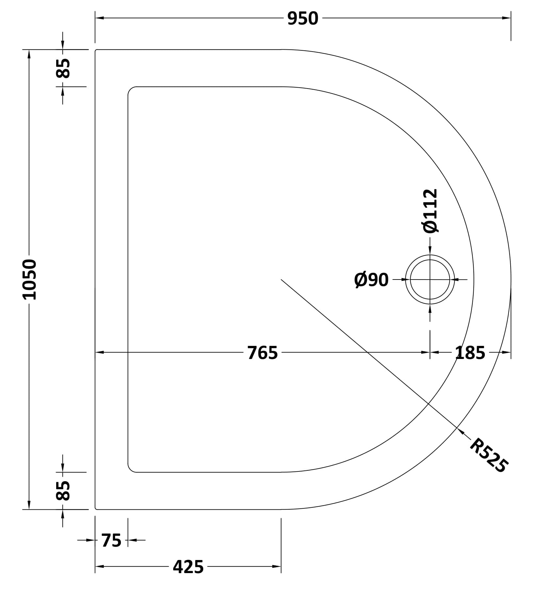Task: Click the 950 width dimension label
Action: [303, 18]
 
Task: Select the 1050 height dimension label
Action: [29, 279]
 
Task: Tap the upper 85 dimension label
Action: [63, 68]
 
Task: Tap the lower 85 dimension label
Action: [63, 490]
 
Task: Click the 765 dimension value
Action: [262, 353]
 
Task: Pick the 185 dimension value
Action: [470, 353]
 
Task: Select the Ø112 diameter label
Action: [430, 211]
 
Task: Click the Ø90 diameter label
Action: [371, 280]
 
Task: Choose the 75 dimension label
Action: [111, 540]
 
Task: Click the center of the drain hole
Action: [430, 280]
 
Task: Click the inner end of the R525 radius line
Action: [281, 280]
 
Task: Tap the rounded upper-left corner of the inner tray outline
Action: [130, 90]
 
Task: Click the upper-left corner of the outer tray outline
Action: [96, 50]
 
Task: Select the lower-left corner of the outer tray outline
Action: [96, 509]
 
